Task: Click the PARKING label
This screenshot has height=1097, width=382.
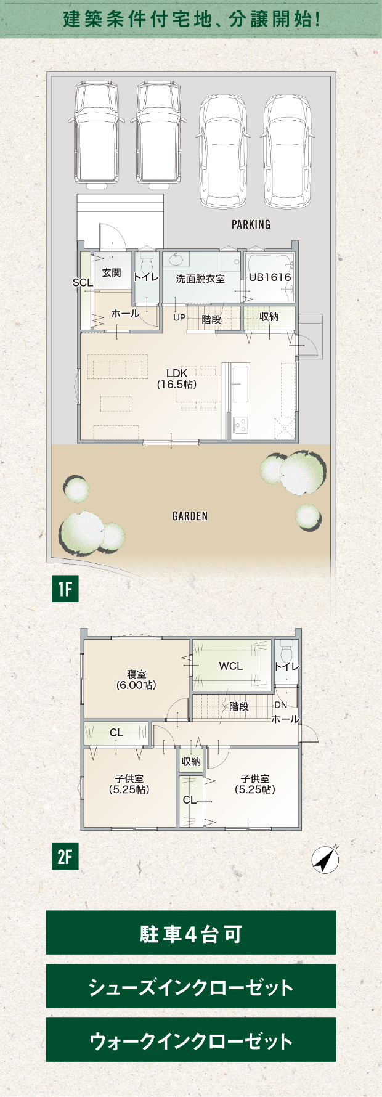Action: point(251,224)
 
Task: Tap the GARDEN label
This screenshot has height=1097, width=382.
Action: point(190,516)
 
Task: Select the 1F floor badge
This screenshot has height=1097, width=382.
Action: point(65,589)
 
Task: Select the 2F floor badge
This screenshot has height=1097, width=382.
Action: point(65,857)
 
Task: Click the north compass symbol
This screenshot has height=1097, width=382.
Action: point(325,859)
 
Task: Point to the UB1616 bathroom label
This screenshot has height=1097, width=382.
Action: point(270,277)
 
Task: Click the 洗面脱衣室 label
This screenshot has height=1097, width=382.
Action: point(200,279)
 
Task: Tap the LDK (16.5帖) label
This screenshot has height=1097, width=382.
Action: point(177,379)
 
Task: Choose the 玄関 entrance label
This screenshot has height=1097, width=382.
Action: point(112,273)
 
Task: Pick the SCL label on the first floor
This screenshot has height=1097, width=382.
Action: point(82,282)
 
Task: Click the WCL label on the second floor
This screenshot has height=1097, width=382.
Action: point(231,666)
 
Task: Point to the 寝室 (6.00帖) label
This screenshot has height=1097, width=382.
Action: point(137,680)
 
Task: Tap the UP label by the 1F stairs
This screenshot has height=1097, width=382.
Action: point(179,318)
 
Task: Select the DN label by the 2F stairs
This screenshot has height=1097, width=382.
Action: point(280,705)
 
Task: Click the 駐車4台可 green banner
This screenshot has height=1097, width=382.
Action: point(191,932)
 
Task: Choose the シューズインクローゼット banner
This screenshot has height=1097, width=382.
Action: point(191,986)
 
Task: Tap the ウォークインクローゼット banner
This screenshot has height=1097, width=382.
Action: point(191,1040)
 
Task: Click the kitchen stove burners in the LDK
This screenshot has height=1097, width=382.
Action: point(240,425)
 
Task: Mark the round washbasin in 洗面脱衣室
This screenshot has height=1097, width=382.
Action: point(176,259)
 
